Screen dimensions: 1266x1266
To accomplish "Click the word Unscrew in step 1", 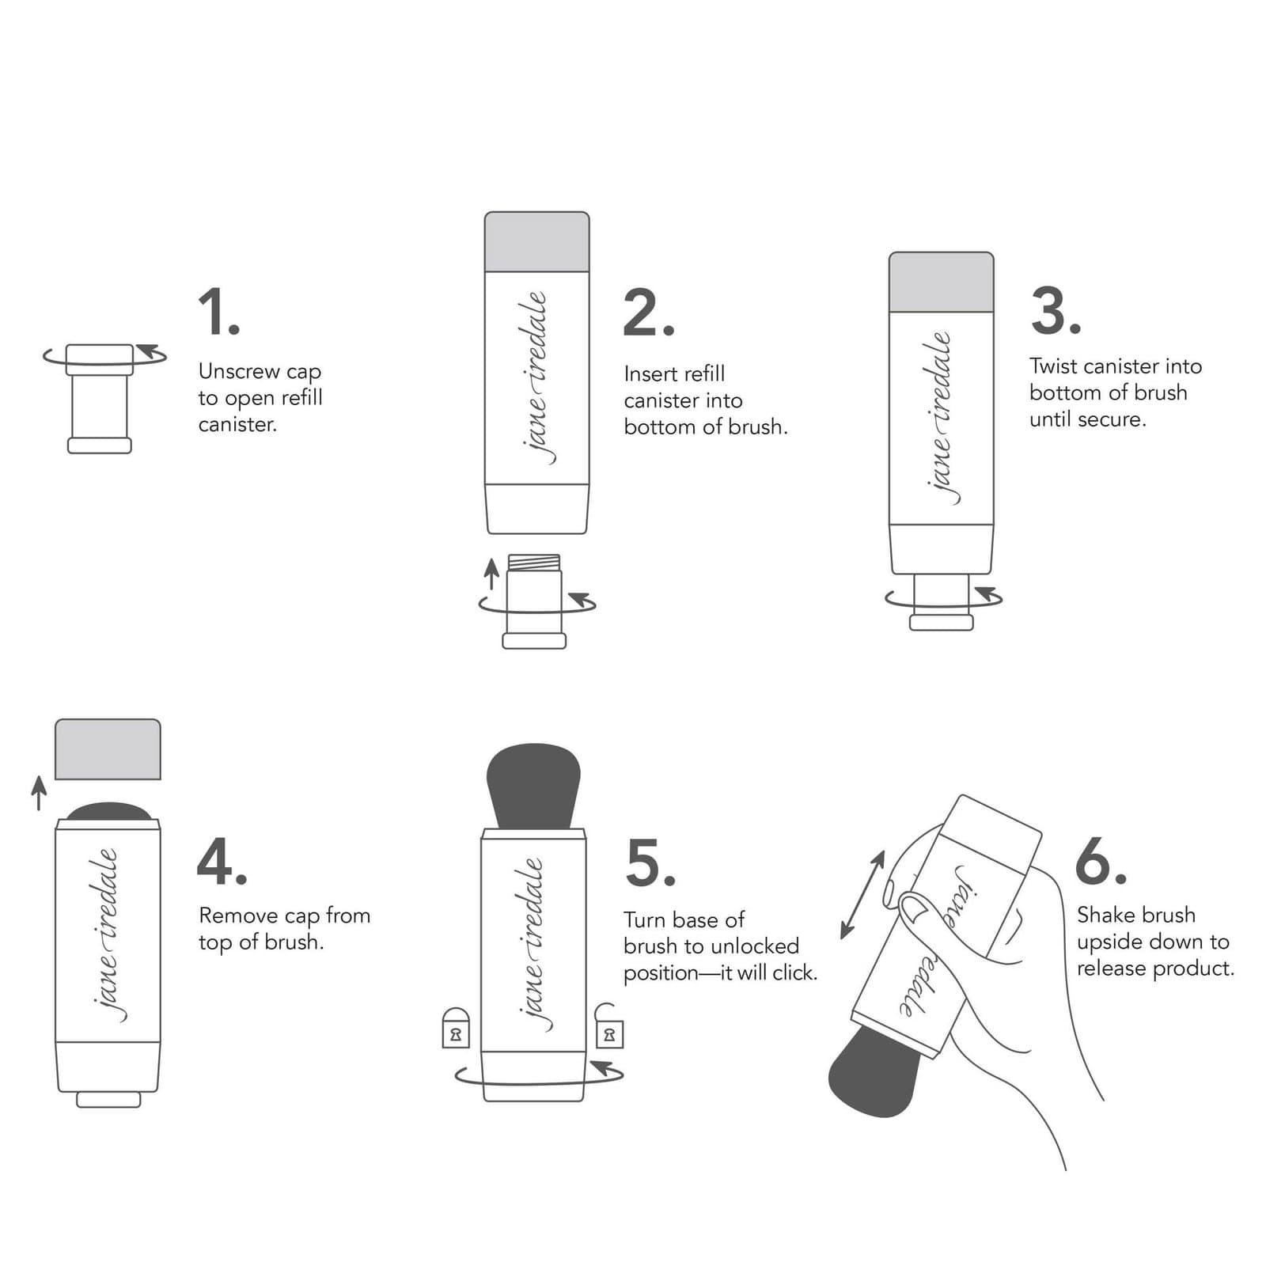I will [x=238, y=371].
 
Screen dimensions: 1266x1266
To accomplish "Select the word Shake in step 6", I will [x=1106, y=915].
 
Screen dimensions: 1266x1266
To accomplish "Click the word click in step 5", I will [x=794, y=972].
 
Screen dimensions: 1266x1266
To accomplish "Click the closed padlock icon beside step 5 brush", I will [x=456, y=1029].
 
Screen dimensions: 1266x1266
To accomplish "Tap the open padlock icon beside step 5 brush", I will [x=608, y=1027].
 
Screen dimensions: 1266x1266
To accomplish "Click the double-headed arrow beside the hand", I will [x=862, y=895].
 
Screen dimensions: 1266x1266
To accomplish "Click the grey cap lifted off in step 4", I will [x=108, y=749].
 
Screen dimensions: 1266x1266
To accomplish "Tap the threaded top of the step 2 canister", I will [x=534, y=563].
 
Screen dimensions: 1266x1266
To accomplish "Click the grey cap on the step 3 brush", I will [x=941, y=282].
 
